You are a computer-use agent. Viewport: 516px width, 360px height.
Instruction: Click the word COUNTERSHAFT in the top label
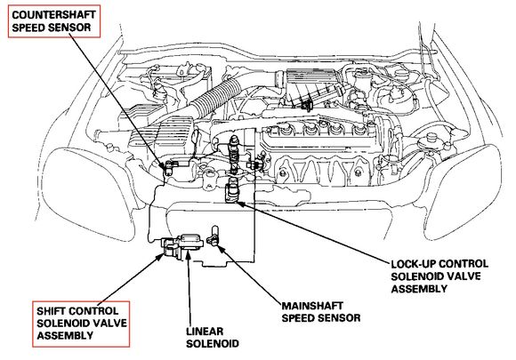pos(53,15)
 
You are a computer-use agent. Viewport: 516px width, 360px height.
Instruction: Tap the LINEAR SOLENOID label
pos(213,337)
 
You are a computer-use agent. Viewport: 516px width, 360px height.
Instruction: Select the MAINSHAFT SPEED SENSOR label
pos(321,312)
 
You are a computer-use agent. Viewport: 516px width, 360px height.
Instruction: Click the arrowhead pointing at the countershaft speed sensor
pos(165,166)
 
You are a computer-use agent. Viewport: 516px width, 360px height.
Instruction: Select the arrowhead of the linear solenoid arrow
pos(188,254)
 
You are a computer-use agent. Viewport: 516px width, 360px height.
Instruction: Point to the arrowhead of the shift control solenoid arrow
pos(159,257)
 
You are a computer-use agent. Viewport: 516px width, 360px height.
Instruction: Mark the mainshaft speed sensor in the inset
pos(214,237)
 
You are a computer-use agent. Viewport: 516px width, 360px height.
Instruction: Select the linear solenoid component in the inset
pos(190,243)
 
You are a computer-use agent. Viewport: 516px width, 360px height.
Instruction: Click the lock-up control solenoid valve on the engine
pos(232,191)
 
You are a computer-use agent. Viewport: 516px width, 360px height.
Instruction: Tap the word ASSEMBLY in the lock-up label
pos(419,289)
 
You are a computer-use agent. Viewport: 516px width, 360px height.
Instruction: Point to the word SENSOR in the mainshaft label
pos(338,318)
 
